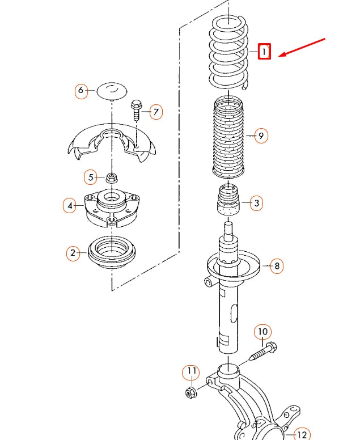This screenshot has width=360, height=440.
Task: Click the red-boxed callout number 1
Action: (264, 52)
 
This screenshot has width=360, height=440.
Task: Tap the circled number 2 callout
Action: (73, 253)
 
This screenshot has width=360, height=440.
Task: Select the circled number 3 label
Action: (256, 203)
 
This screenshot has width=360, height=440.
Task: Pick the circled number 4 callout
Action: (70, 205)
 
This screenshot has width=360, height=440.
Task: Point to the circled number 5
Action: (91, 177)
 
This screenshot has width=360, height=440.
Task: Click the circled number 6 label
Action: (81, 90)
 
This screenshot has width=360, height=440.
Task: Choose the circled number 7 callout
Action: (156, 112)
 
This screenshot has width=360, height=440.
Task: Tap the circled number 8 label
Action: (277, 265)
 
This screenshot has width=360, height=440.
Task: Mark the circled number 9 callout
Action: (261, 136)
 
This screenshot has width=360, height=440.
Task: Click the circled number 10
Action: (262, 332)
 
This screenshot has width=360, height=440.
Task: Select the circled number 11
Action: (191, 372)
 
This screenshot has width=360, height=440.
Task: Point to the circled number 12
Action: (302, 434)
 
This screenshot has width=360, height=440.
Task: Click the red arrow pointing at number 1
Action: (302, 48)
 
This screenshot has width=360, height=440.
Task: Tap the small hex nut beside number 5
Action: (112, 178)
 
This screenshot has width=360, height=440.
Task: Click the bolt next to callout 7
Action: (136, 111)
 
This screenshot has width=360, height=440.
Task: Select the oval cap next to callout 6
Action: (112, 91)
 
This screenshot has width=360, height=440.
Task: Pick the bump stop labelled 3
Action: (228, 200)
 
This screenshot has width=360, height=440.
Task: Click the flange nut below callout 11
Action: (192, 392)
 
